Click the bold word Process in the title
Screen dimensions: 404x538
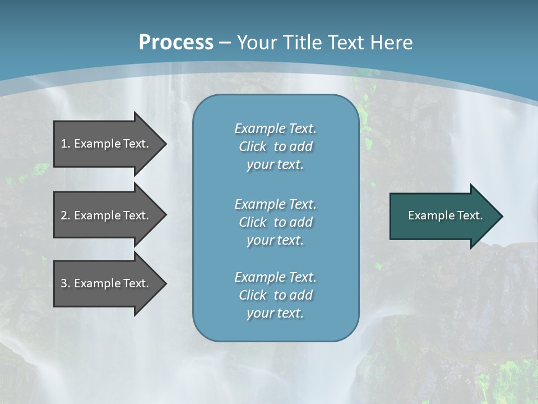click(x=176, y=43)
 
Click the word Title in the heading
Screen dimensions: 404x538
click(x=300, y=43)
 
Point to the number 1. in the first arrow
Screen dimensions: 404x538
click(x=65, y=144)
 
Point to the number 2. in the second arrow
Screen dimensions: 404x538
click(x=65, y=215)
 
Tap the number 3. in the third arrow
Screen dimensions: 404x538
click(x=65, y=283)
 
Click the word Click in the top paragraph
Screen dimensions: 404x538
click(x=253, y=146)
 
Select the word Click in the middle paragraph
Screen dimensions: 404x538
click(x=253, y=222)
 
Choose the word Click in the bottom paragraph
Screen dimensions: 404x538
click(x=253, y=295)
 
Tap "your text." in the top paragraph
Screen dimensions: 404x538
click(x=275, y=165)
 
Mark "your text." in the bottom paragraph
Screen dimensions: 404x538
click(x=275, y=314)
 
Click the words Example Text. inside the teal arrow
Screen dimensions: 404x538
click(x=445, y=215)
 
